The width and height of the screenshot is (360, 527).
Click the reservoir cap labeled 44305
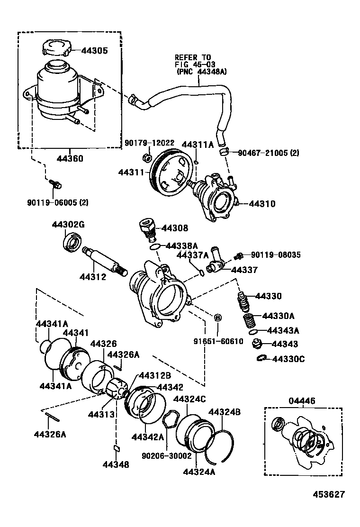[x=56, y=48]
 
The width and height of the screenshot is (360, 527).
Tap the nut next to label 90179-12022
[x=147, y=158]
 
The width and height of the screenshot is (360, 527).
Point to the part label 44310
[x=262, y=204]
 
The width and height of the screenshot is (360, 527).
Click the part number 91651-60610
[x=218, y=341]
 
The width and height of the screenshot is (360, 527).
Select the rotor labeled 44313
[x=116, y=389]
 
